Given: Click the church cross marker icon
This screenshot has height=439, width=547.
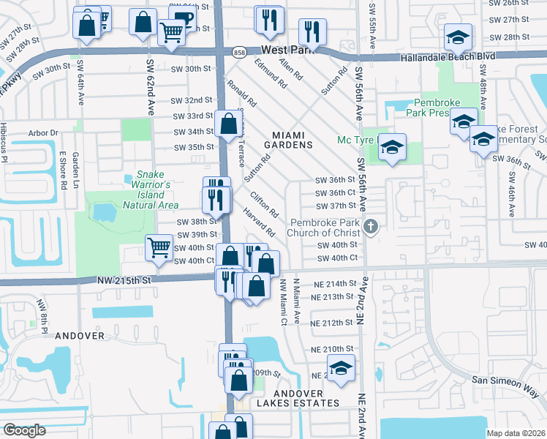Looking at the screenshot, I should (x=371, y=226).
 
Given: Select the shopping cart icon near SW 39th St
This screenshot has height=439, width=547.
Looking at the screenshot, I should (x=159, y=247).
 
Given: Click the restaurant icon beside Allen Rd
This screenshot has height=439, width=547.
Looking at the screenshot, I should (x=313, y=31).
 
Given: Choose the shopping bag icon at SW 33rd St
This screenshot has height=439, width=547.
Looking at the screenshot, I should (x=228, y=122).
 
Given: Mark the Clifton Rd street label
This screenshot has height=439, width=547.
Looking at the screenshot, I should (x=265, y=206).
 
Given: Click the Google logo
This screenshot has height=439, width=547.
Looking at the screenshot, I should (x=24, y=430).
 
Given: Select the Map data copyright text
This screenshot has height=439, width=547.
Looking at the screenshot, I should (x=516, y=433).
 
